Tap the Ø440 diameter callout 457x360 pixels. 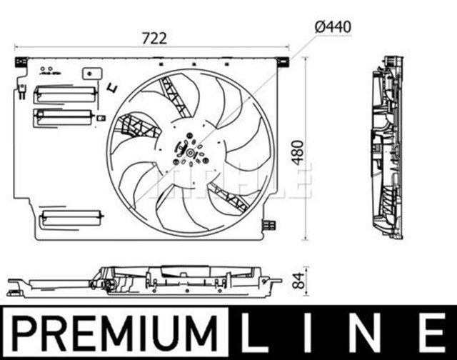tap(333, 27)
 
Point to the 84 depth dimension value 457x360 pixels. tap(306, 279)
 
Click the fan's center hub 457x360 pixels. tap(191, 152)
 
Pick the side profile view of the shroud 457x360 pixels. tap(386, 146)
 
